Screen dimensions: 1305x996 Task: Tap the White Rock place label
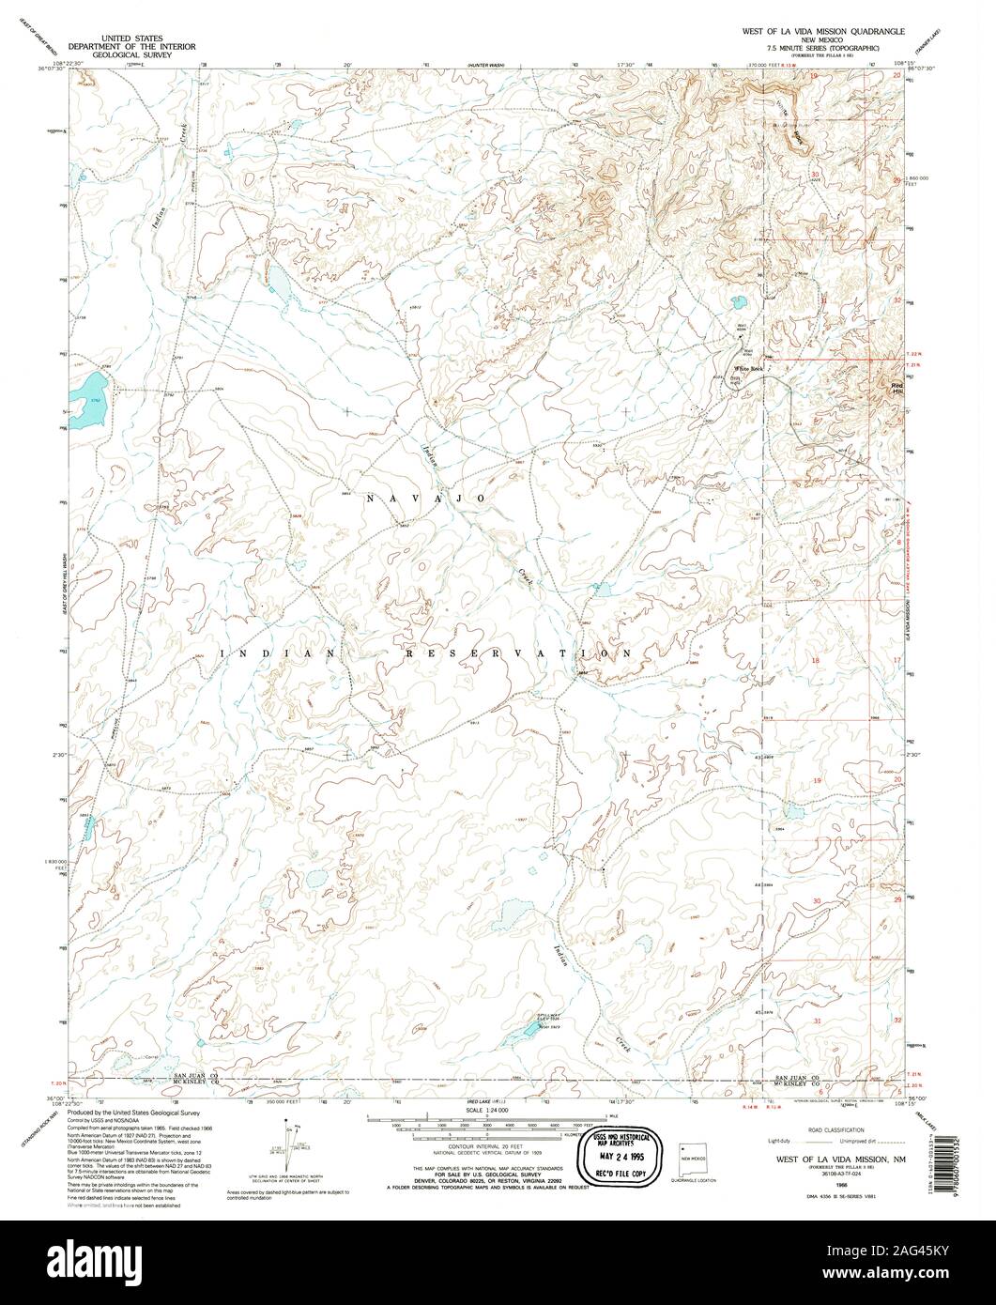click(x=752, y=369)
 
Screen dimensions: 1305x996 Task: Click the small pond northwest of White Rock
click(x=737, y=303)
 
